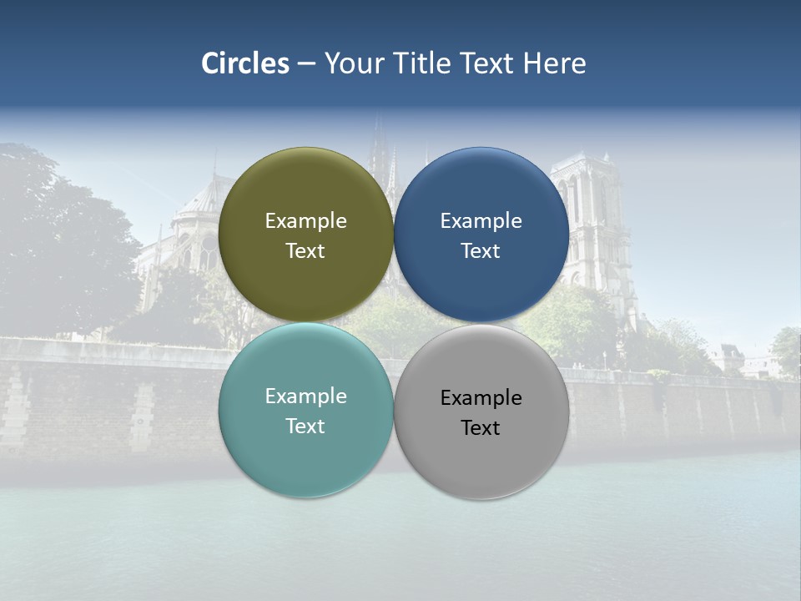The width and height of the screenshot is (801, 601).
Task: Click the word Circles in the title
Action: click(245, 63)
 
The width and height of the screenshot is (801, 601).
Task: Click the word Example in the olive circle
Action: click(305, 221)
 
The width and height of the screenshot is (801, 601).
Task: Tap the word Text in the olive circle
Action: click(305, 251)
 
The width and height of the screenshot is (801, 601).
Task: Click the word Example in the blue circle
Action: click(481, 221)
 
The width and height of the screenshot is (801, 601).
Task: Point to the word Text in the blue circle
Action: click(481, 251)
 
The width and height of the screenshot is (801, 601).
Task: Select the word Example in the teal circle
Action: click(305, 396)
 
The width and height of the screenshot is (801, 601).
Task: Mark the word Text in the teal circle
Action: click(305, 427)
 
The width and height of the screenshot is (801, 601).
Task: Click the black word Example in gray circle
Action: click(481, 398)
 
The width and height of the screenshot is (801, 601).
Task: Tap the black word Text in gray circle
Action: click(481, 428)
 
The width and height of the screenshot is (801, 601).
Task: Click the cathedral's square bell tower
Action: click(594, 217)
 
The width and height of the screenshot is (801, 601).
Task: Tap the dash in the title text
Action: click(306, 64)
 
